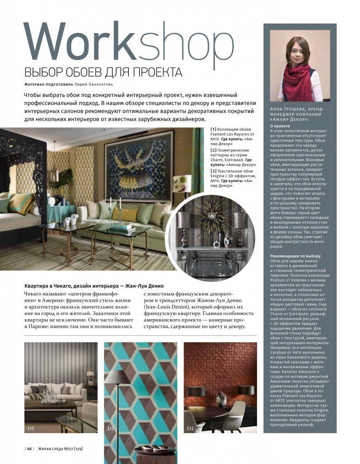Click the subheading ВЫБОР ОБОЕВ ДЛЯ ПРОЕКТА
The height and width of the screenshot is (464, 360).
[103, 73]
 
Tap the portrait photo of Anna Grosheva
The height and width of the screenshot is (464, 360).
[300, 66]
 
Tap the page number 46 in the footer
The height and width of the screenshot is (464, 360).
[29, 449]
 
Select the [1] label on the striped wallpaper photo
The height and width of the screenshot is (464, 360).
[31, 428]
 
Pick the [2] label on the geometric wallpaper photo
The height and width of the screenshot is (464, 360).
[110, 428]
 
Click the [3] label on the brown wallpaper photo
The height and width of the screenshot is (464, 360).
[190, 428]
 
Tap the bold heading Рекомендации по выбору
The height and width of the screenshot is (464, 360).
[295, 256]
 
